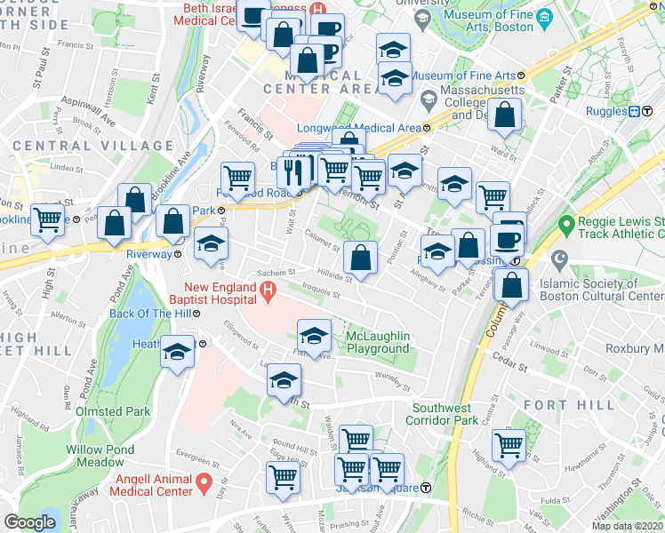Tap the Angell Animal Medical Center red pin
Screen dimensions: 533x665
click(204, 484)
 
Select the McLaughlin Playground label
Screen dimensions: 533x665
click(378, 342)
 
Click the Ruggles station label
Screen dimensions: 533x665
click(607, 111)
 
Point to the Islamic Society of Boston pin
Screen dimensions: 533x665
click(559, 261)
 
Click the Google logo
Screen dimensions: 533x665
click(29, 522)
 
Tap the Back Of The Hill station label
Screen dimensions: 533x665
click(148, 314)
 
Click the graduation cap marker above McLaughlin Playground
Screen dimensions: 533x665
click(313, 336)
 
